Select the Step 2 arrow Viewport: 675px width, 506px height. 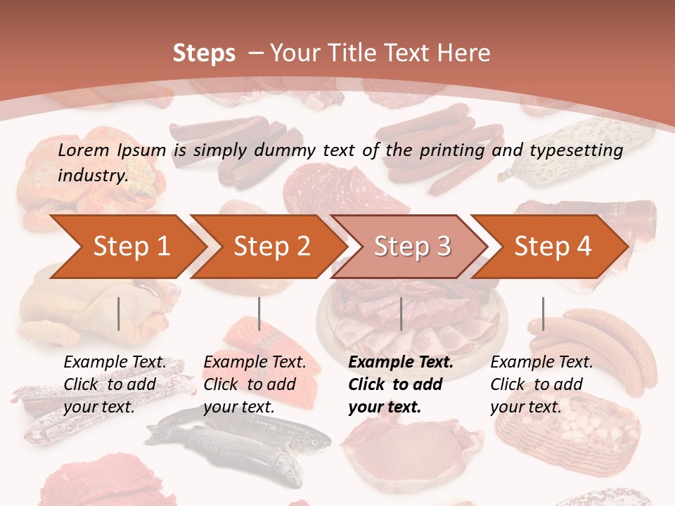[271, 247]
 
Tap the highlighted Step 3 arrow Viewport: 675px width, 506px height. [412, 247]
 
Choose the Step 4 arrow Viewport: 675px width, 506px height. [553, 247]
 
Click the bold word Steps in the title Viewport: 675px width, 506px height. [204, 53]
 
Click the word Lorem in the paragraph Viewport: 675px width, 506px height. [84, 150]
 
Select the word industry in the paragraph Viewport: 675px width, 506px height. [92, 175]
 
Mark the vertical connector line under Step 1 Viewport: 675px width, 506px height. [119, 313]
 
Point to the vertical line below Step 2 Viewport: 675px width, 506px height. [259, 313]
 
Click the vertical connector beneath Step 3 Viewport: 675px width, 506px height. [401, 313]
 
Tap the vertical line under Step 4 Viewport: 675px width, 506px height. [543, 313]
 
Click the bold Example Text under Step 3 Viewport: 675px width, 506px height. [401, 363]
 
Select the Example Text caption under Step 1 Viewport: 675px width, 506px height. [115, 363]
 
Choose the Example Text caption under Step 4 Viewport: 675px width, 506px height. [541, 363]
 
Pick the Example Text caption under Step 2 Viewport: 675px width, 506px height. [255, 363]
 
